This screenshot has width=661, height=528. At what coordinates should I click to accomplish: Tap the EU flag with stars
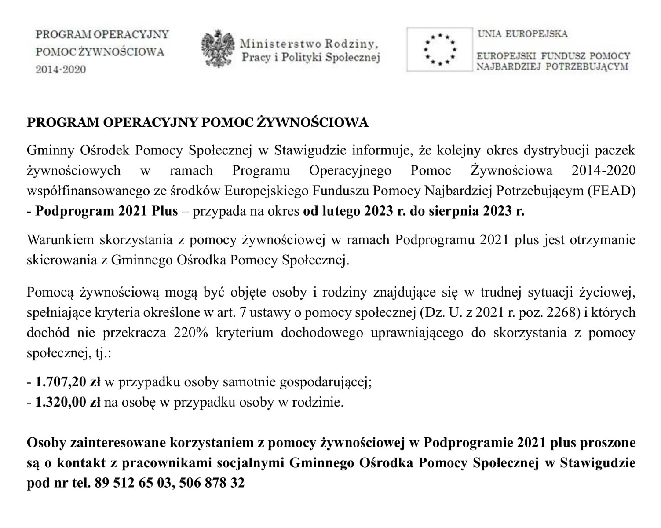tap(439, 49)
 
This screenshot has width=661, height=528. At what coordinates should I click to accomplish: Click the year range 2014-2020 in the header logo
tap(61, 70)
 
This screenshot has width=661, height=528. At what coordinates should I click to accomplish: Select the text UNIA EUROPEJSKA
tap(522, 34)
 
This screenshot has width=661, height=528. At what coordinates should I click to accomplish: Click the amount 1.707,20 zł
tap(68, 382)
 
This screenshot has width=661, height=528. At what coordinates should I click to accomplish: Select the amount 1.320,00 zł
tap(68, 402)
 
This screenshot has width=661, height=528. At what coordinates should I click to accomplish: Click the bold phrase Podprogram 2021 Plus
tap(106, 211)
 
